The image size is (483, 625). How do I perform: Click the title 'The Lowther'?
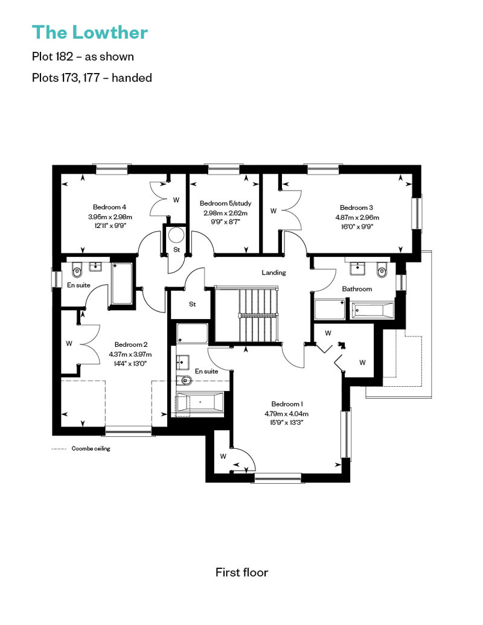click(90, 33)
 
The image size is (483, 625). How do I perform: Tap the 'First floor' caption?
click(241, 573)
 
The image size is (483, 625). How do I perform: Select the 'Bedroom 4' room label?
click(109, 208)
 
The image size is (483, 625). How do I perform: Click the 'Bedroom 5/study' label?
click(225, 203)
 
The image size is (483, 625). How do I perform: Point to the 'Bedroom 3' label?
click(356, 208)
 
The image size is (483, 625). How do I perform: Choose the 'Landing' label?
click(273, 273)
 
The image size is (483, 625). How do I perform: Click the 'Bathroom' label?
click(357, 289)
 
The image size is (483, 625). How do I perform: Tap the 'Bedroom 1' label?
click(287, 404)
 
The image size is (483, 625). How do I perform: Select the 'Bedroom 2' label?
click(131, 345)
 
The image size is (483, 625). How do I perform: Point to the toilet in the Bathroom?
click(382, 270)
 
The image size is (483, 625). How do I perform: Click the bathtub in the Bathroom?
click(373, 311)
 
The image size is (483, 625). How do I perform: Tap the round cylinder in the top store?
click(176, 235)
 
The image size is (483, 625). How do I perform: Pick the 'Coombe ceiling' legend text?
click(91, 449)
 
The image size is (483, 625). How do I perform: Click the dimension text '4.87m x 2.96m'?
click(357, 218)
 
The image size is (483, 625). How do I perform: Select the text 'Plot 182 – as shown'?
click(83, 57)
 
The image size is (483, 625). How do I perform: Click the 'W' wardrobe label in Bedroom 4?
click(176, 200)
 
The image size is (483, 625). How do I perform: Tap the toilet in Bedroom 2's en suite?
click(77, 271)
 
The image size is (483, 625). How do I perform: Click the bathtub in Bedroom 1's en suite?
click(200, 402)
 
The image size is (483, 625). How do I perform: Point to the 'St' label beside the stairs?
click(192, 305)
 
